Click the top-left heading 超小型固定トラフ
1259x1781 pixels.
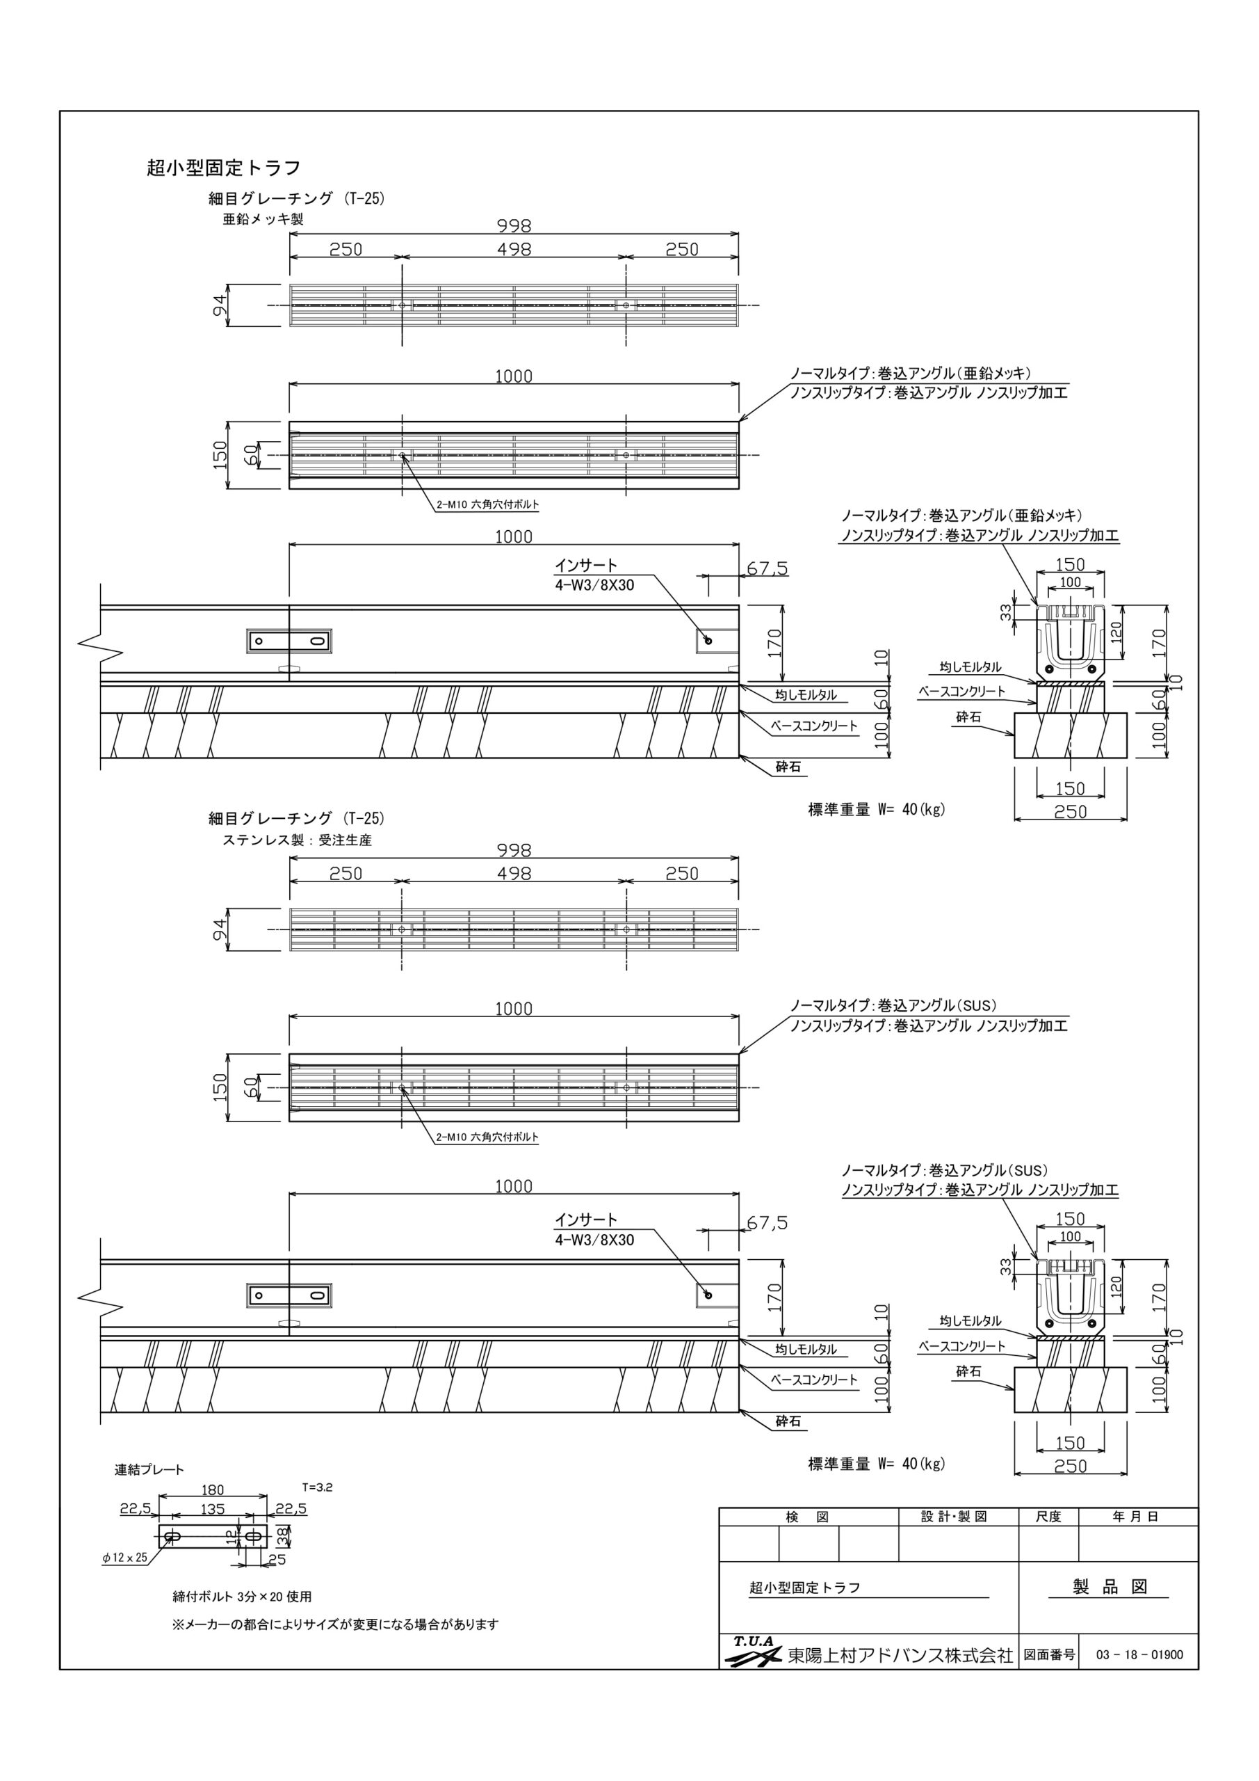coord(223,167)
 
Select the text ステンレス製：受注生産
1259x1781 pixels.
coord(297,840)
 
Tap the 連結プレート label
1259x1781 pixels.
coord(149,1470)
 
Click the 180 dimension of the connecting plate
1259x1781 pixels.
coord(213,1490)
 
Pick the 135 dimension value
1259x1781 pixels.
coord(213,1509)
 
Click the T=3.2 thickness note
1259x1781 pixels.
coord(317,1488)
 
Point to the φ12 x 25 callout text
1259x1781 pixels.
coord(125,1558)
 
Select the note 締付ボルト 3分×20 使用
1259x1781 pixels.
coord(242,1597)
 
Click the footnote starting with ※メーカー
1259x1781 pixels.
coord(335,1624)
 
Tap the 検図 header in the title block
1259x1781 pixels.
coord(808,1517)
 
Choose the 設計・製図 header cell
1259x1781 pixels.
coord(955,1517)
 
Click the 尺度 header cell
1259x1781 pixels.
coord(1049,1517)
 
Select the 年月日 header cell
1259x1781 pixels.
coord(1136,1517)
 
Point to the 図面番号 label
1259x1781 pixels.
coord(1049,1654)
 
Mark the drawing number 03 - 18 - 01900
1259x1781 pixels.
coord(1139,1654)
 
